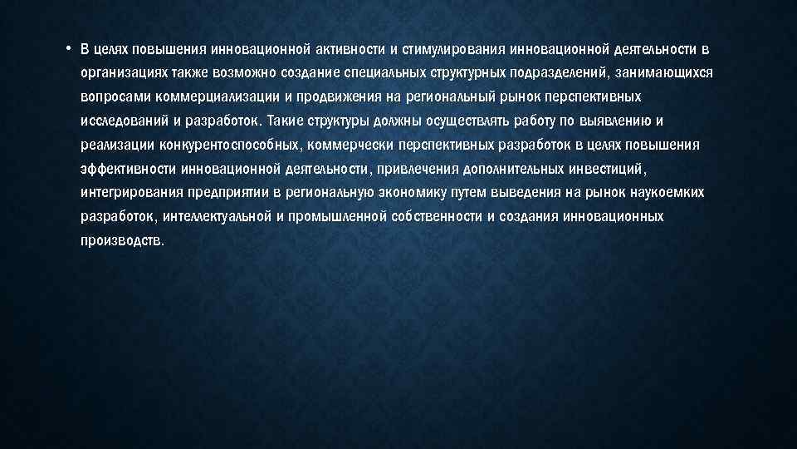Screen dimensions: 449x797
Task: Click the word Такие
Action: pyautogui.click(x=286, y=121)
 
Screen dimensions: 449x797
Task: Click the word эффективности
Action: pyautogui.click(x=125, y=169)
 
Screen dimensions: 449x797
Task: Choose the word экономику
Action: pyautogui.click(x=431, y=193)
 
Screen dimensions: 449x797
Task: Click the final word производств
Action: pyautogui.click(x=123, y=241)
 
